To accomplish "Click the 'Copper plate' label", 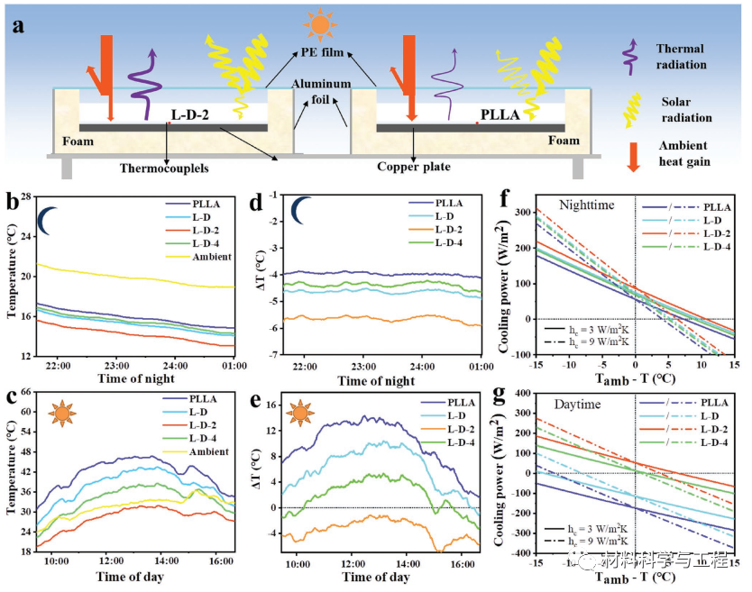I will [x=414, y=166].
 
